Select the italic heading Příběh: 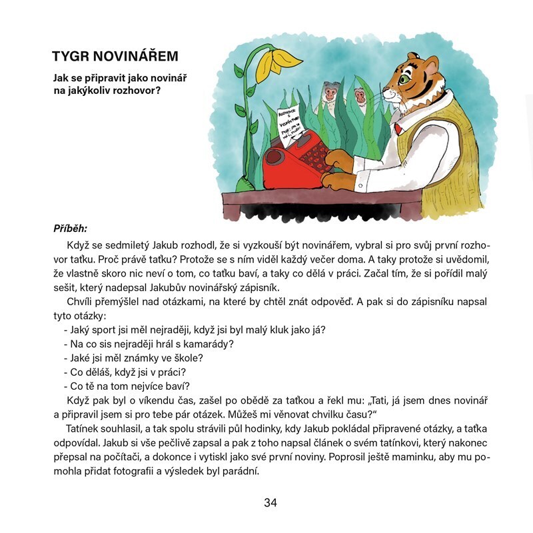(x=70, y=229)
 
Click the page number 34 (x=270, y=502)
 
